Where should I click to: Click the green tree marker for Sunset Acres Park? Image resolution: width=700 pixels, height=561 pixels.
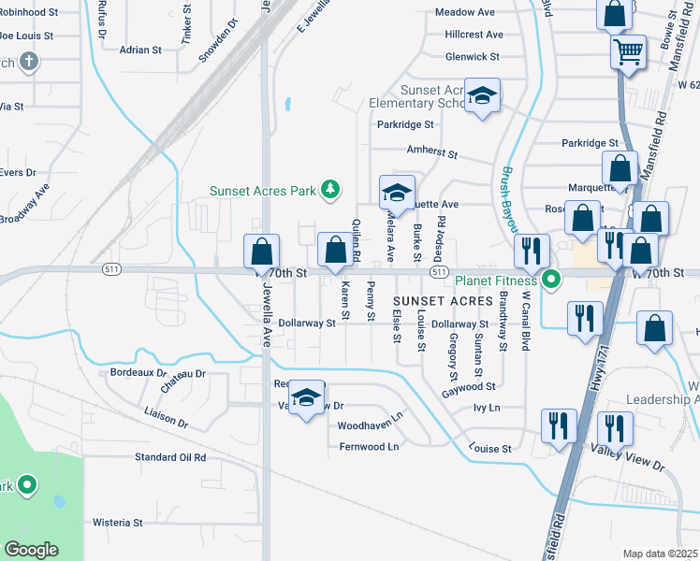[329, 191]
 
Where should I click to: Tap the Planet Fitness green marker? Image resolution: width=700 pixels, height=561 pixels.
[552, 279]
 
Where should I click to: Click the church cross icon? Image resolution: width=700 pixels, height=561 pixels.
[29, 63]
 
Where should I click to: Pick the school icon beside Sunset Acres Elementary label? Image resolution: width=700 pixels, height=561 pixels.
[483, 95]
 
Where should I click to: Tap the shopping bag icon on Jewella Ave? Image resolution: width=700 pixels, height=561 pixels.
[261, 252]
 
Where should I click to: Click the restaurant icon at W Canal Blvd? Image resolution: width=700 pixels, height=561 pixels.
[532, 251]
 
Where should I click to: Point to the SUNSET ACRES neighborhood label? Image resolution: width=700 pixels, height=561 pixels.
[443, 301]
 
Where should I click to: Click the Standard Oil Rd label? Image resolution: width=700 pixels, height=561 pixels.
[169, 457]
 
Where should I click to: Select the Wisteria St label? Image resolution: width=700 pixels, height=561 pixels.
[117, 523]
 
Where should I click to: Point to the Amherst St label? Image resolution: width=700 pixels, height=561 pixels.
[431, 151]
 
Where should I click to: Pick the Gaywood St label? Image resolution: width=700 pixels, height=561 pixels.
[469, 385]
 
